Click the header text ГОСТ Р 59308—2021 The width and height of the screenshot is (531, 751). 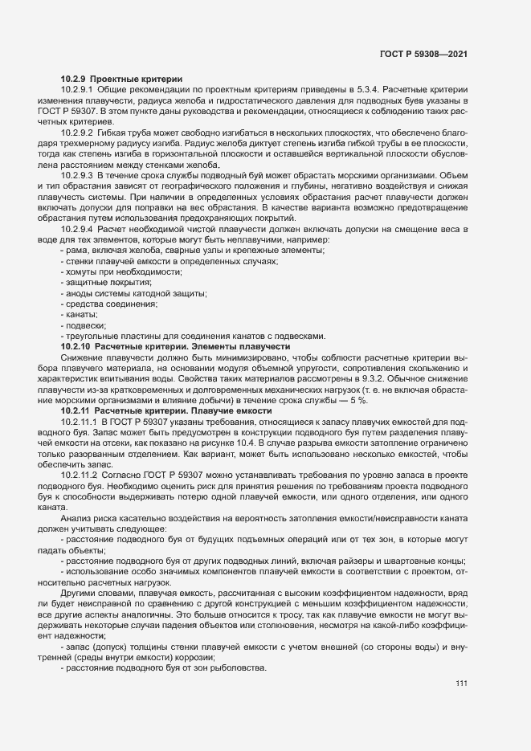point(424,55)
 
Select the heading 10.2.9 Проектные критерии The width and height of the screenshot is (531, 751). point(121,78)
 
